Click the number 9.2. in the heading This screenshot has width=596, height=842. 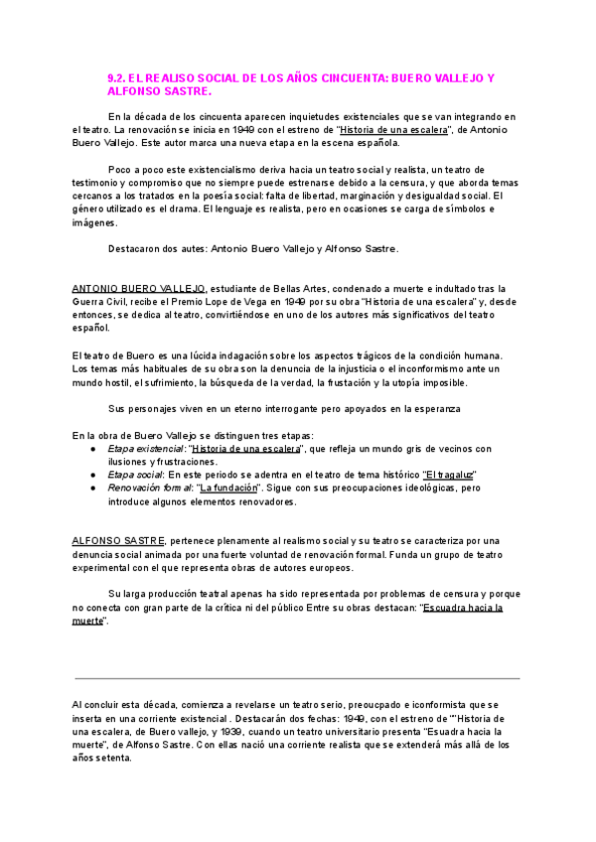[117, 76]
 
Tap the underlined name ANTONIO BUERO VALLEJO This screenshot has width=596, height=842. [139, 288]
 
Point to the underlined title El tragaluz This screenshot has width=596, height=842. [450, 475]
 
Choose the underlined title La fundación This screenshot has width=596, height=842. [228, 489]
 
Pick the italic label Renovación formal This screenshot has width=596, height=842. [150, 489]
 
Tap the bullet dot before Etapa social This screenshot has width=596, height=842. [92, 475]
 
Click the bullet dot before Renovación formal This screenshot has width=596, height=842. [92, 489]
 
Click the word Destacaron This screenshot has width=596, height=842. [136, 248]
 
